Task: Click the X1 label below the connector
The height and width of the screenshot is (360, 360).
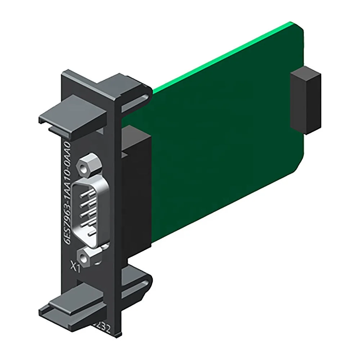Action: (x=75, y=267)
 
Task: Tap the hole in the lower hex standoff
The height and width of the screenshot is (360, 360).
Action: (x=84, y=257)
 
